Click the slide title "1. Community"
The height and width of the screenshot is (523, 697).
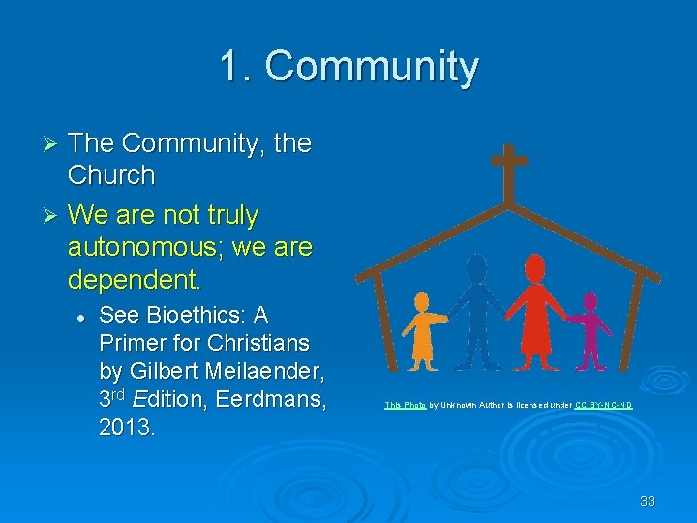coord(348,67)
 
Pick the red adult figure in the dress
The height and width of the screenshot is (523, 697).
coord(534,310)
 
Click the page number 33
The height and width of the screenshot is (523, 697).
coord(647,501)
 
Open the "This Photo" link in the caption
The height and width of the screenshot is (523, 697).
coord(405,404)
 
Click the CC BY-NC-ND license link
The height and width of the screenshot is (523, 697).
coord(603,404)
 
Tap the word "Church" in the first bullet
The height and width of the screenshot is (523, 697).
coord(111,175)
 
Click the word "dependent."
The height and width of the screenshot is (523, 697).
coord(134,280)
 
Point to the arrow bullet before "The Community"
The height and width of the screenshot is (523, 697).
coord(53,144)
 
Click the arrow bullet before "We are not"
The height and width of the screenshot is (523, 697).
coord(53,215)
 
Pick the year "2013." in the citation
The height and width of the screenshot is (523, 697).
coord(125,426)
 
